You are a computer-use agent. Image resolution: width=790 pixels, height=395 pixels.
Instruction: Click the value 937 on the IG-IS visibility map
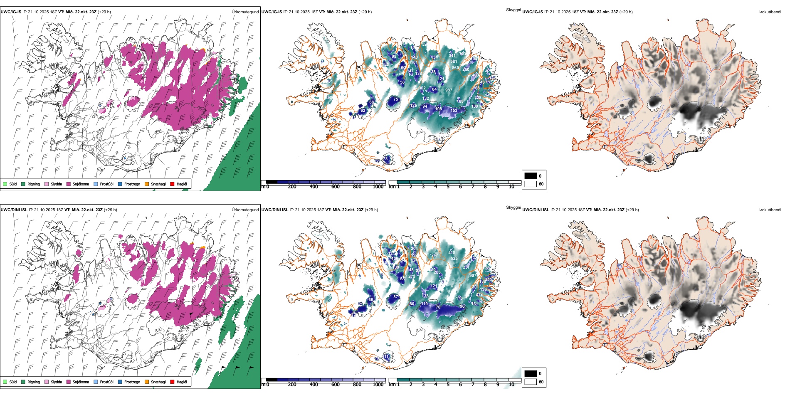(449, 90)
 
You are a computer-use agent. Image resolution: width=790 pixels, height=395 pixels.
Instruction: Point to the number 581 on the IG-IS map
(454, 62)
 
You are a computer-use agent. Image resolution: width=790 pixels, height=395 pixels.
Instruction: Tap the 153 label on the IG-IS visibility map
(454, 111)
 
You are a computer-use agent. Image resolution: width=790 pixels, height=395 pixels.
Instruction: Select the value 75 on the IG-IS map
(395, 99)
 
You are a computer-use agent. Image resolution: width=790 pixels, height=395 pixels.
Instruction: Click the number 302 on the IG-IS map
(422, 88)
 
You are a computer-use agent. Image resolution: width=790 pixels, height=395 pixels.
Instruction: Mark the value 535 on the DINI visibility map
(454, 259)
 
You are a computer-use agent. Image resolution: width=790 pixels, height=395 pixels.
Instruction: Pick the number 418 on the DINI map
(452, 253)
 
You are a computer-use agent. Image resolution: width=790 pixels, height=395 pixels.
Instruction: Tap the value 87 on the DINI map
(395, 297)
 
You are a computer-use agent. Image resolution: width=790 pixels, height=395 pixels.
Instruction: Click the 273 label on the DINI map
(412, 276)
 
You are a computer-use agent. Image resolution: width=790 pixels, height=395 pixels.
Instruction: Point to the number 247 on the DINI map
(434, 255)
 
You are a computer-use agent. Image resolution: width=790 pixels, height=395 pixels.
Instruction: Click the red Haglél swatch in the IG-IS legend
(172, 184)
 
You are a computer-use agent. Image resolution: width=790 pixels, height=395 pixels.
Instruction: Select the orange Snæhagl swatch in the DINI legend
(147, 382)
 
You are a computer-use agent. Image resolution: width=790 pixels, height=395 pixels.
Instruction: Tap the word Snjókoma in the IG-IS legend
(81, 184)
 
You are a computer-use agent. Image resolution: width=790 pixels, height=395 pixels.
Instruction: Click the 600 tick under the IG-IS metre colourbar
(335, 187)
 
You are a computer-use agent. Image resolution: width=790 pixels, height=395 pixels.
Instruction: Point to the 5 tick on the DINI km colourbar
(448, 385)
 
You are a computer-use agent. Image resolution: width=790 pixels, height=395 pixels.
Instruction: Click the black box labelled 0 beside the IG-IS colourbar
(531, 176)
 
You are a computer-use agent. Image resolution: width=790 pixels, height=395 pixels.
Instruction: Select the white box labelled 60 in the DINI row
(531, 382)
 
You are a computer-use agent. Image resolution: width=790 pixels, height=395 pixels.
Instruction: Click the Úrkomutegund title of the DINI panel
(245, 210)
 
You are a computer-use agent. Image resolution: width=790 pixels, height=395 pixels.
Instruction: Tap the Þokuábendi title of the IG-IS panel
(770, 12)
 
